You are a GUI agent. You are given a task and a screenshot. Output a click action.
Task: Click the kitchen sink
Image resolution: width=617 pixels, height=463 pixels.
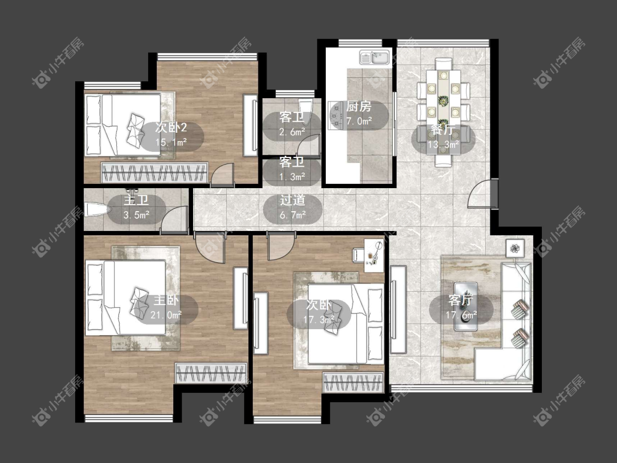coord(374,58)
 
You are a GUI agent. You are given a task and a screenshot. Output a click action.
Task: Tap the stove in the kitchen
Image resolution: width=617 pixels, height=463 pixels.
coord(336,115)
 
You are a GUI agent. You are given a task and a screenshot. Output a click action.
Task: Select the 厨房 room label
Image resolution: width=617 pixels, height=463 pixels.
coord(359,106)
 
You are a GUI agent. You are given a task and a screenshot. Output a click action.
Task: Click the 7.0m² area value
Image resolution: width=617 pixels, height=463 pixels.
coord(359,121)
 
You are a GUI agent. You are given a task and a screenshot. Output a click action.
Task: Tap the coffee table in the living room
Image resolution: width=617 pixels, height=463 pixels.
coord(466,306)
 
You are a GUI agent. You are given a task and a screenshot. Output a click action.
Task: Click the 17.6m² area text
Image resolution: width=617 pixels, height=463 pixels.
coord(461,315)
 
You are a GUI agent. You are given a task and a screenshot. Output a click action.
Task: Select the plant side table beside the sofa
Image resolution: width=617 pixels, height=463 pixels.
coord(514,248)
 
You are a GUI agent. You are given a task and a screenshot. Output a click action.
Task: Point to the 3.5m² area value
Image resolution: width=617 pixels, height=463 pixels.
coord(136,215)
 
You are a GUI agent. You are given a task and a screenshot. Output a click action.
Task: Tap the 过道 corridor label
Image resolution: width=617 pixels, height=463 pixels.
coord(292,200)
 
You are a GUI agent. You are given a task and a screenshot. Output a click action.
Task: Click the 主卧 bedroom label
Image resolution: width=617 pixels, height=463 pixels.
coord(166,301)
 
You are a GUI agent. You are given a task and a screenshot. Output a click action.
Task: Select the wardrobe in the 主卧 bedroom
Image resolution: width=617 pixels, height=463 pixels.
coord(211,373)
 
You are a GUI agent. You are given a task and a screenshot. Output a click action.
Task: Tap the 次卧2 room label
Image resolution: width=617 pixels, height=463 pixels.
coord(171,127)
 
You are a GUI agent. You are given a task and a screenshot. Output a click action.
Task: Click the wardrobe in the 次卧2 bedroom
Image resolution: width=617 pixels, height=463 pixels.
coord(155,172)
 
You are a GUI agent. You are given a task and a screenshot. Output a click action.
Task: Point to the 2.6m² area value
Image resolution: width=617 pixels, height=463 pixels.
coord(292,132)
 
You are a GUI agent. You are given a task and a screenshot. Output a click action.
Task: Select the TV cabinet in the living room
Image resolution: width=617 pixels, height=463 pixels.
coord(398,309)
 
